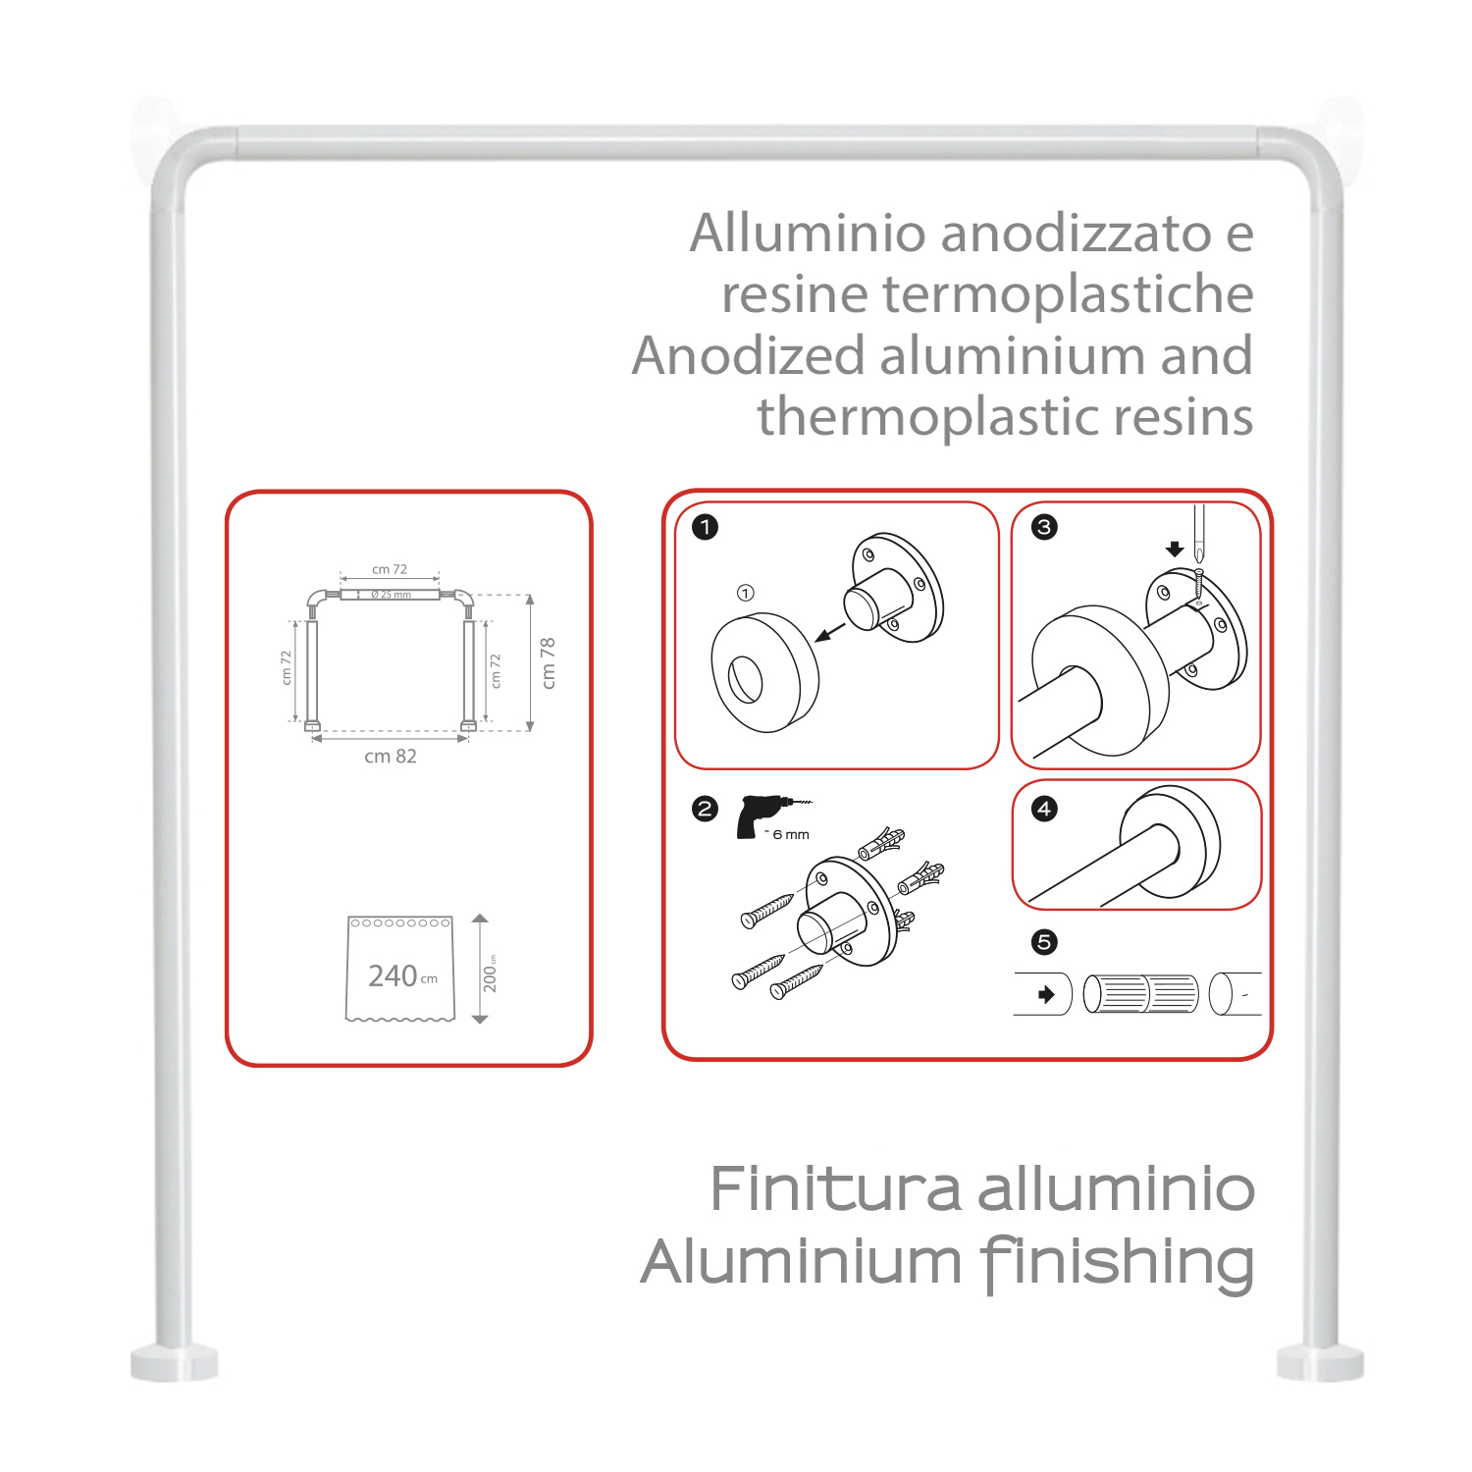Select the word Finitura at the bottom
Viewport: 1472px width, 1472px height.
tap(835, 1189)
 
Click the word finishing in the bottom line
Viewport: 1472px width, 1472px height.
tap(1118, 1262)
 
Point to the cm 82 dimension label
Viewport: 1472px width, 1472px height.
tap(391, 757)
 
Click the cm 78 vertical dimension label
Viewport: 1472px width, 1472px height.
tap(549, 662)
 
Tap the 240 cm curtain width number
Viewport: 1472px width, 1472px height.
tap(394, 975)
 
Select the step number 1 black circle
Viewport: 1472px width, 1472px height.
tap(705, 527)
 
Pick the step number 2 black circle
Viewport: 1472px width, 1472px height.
tap(705, 809)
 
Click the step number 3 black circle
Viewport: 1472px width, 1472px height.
tap(1044, 527)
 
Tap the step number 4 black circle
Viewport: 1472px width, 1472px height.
tap(1044, 809)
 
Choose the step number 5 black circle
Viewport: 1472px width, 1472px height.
tap(1044, 942)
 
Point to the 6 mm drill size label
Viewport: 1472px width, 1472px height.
tap(790, 835)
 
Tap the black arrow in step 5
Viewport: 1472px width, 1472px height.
tap(1047, 994)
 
